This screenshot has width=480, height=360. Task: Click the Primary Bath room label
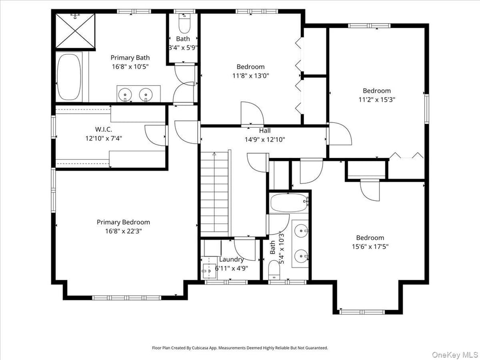[x=130, y=58]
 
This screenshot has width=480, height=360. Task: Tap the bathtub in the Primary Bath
[x=69, y=76]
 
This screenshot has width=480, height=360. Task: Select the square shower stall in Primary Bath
[x=75, y=30]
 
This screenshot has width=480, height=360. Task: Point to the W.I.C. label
[x=103, y=129]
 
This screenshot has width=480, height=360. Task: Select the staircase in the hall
[x=214, y=194]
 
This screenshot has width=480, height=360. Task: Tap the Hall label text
[x=264, y=131]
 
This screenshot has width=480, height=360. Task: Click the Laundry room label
[x=231, y=259]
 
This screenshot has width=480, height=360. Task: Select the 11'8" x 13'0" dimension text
[x=250, y=75]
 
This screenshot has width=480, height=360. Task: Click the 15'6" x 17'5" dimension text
[x=370, y=247]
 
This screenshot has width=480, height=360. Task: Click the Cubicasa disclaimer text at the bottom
[x=239, y=348]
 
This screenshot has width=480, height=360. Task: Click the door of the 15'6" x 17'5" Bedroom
[x=370, y=190]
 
